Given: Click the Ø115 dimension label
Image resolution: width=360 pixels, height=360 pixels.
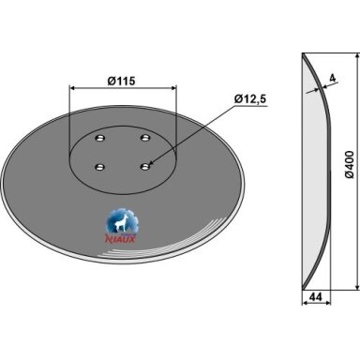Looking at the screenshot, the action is (x=121, y=82).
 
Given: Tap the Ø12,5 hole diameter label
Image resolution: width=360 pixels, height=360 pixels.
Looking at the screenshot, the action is (x=250, y=99).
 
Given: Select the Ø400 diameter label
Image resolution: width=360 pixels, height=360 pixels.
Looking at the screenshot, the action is (x=350, y=165).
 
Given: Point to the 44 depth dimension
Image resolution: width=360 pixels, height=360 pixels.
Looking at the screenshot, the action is (x=316, y=297).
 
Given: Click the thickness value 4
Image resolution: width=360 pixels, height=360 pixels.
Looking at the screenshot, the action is (x=333, y=78).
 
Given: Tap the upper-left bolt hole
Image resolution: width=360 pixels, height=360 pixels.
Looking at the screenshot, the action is (x=100, y=138).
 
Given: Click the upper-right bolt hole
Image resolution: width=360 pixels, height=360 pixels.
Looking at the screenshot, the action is (x=145, y=137).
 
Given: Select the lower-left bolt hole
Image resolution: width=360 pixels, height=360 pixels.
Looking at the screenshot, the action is (x=99, y=167).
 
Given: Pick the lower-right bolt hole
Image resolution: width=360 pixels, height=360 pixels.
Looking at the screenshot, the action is (x=145, y=167).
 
